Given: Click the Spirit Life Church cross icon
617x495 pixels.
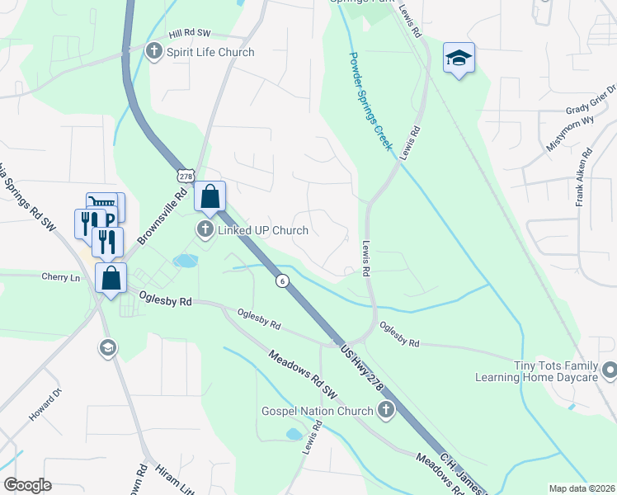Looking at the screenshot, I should pyautogui.click(x=153, y=52).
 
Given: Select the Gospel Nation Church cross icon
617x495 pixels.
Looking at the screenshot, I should pyautogui.click(x=385, y=410).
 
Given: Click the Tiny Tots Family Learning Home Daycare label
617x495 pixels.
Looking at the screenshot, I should pyautogui.click(x=535, y=370).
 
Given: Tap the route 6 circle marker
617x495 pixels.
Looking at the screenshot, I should pyautogui.click(x=282, y=280).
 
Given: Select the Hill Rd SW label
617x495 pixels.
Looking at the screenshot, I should pyautogui.click(x=191, y=35).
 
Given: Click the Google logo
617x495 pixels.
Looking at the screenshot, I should pyautogui.click(x=27, y=485).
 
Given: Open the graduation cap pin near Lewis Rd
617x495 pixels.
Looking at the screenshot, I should pyautogui.click(x=459, y=58).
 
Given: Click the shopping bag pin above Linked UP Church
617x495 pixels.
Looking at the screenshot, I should pyautogui.click(x=210, y=196).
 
